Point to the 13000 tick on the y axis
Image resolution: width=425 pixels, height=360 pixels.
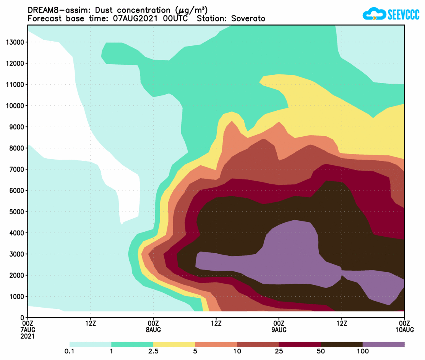(x=15, y=42)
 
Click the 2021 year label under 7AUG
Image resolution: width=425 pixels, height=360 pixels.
(x=28, y=336)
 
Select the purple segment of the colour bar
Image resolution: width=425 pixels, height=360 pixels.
(x=383, y=344)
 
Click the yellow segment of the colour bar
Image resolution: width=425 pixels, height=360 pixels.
(x=174, y=344)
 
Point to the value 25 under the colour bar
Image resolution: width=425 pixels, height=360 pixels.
(x=279, y=351)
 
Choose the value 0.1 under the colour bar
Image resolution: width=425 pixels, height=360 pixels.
(x=70, y=351)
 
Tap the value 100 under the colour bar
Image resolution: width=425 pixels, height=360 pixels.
(x=362, y=351)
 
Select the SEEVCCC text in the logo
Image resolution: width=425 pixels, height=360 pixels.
(x=404, y=15)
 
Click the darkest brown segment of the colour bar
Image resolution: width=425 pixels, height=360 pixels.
(x=341, y=344)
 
